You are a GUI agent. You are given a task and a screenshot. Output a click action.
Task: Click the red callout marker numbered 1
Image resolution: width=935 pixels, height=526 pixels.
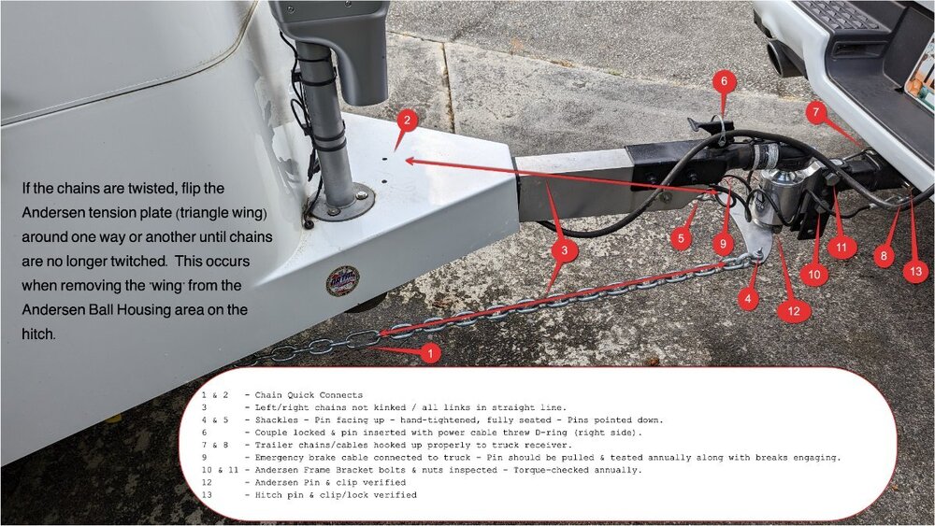click(430, 353)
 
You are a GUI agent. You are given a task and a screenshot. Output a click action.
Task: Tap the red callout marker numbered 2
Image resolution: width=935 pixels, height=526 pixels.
click(407, 121)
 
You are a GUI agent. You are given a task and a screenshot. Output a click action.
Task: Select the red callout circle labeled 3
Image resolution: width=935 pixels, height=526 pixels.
click(564, 250)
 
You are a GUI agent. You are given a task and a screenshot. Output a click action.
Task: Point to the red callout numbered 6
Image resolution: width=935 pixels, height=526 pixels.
click(724, 81)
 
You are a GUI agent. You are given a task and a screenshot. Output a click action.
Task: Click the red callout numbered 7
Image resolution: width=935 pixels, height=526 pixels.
click(815, 111)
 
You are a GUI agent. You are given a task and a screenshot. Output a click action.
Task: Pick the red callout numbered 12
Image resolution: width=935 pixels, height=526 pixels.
click(794, 310)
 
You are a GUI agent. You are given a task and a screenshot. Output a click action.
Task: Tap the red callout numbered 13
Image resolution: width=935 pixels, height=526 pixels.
click(916, 272)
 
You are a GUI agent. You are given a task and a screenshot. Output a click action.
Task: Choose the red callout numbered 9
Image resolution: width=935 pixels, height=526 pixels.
click(723, 244)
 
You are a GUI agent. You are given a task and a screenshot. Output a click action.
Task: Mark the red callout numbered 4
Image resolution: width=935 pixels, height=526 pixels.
click(748, 299)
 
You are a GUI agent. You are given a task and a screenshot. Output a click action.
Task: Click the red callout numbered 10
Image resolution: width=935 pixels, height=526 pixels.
click(814, 275)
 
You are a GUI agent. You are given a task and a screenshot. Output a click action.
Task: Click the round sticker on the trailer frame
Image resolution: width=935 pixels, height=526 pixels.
click(342, 280)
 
